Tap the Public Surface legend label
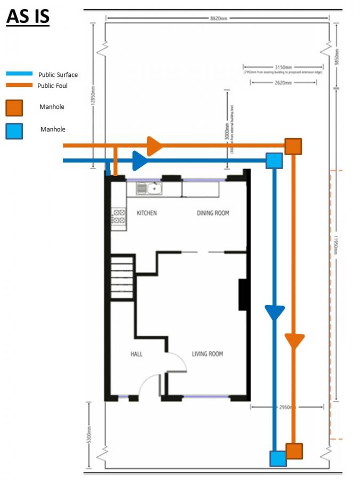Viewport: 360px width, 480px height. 58,75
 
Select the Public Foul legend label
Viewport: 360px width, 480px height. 52,85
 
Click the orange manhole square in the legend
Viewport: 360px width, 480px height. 14,108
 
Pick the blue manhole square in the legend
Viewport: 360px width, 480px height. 14,131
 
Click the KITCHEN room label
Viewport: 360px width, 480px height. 147,213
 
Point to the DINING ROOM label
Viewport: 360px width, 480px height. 213,213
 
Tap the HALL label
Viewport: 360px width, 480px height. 137,354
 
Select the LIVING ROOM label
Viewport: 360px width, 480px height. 207,354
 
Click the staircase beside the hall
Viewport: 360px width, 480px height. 122,277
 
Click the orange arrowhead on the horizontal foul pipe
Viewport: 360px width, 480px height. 154,145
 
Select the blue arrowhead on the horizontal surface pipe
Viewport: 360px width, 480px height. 139,160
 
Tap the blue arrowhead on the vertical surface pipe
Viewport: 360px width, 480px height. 275,313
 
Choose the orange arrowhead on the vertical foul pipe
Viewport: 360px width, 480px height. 294,340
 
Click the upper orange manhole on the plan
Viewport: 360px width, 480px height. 293,146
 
